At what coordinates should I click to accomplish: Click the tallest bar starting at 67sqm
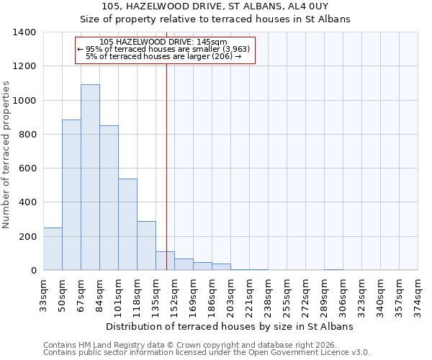[x=90, y=177]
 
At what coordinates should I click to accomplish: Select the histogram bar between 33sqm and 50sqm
[x=53, y=249]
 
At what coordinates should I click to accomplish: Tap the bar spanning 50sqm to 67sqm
[x=71, y=195]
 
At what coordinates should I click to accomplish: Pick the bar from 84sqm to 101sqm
[x=109, y=198]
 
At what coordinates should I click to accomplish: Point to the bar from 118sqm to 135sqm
[x=146, y=246]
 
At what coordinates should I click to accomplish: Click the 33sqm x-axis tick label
[x=43, y=294]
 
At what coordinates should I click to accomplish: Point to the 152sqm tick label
[x=175, y=294]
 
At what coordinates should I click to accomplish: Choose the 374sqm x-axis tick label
[x=418, y=294]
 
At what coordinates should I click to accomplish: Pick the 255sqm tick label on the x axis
[x=287, y=294]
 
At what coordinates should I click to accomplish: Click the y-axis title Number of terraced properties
[x=7, y=154]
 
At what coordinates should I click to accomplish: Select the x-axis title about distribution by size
[x=230, y=327]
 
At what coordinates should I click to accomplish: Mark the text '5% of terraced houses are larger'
[x=163, y=56]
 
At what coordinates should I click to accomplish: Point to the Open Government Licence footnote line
[x=207, y=353]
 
